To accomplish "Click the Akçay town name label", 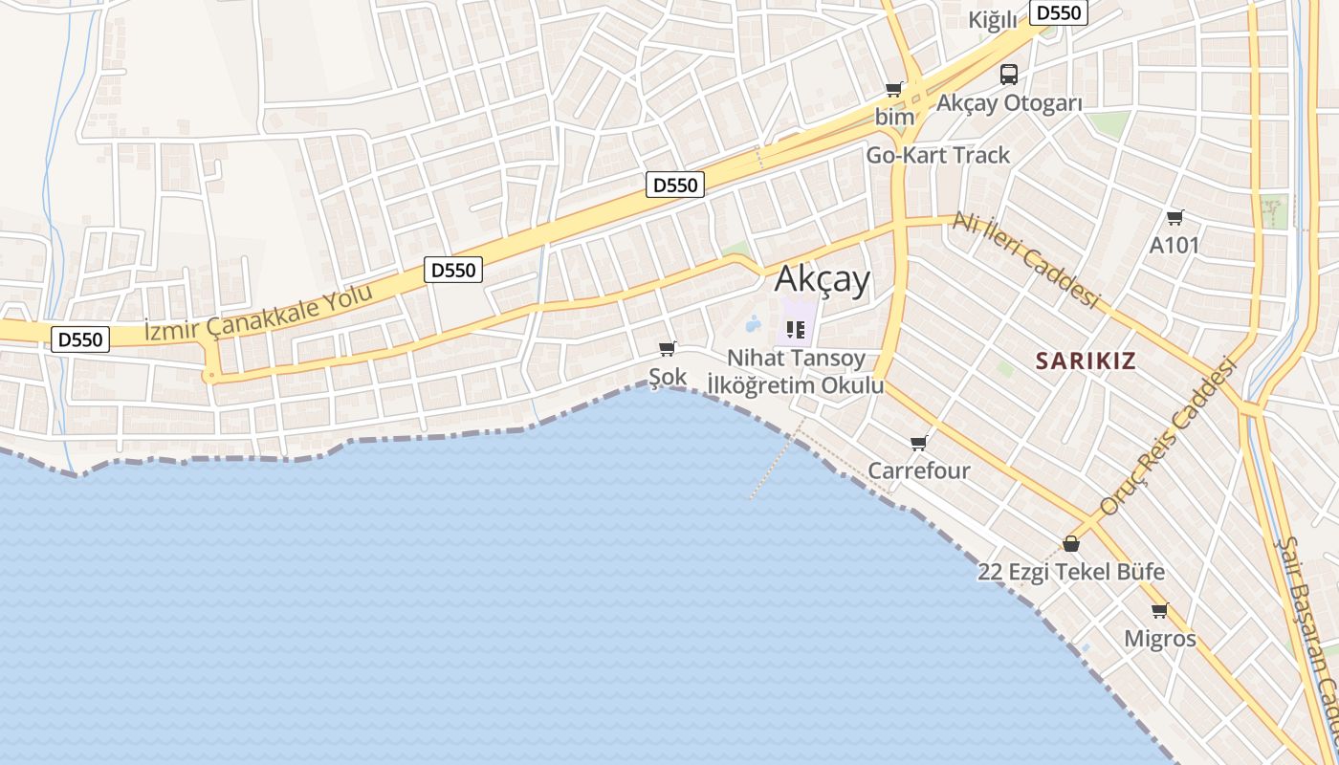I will (823, 279).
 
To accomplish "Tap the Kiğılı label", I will (992, 20).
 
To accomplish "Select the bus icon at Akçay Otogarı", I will (1009, 74).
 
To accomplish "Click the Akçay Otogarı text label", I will (1009, 103).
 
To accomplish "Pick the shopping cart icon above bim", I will (893, 89).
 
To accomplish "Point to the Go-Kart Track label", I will (937, 155).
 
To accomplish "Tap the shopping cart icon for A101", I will (1174, 217).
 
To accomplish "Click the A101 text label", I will (1174, 245).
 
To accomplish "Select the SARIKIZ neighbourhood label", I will (1087, 361).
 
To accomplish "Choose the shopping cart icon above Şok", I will (668, 348).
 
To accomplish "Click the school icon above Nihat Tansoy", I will (795, 330).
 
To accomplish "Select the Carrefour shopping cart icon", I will (919, 443).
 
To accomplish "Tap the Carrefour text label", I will (919, 470).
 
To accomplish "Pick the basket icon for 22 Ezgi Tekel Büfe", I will (1071, 544).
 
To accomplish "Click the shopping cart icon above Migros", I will (1159, 610).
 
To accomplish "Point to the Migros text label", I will (1159, 638).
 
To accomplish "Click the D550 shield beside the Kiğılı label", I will (1059, 12).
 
